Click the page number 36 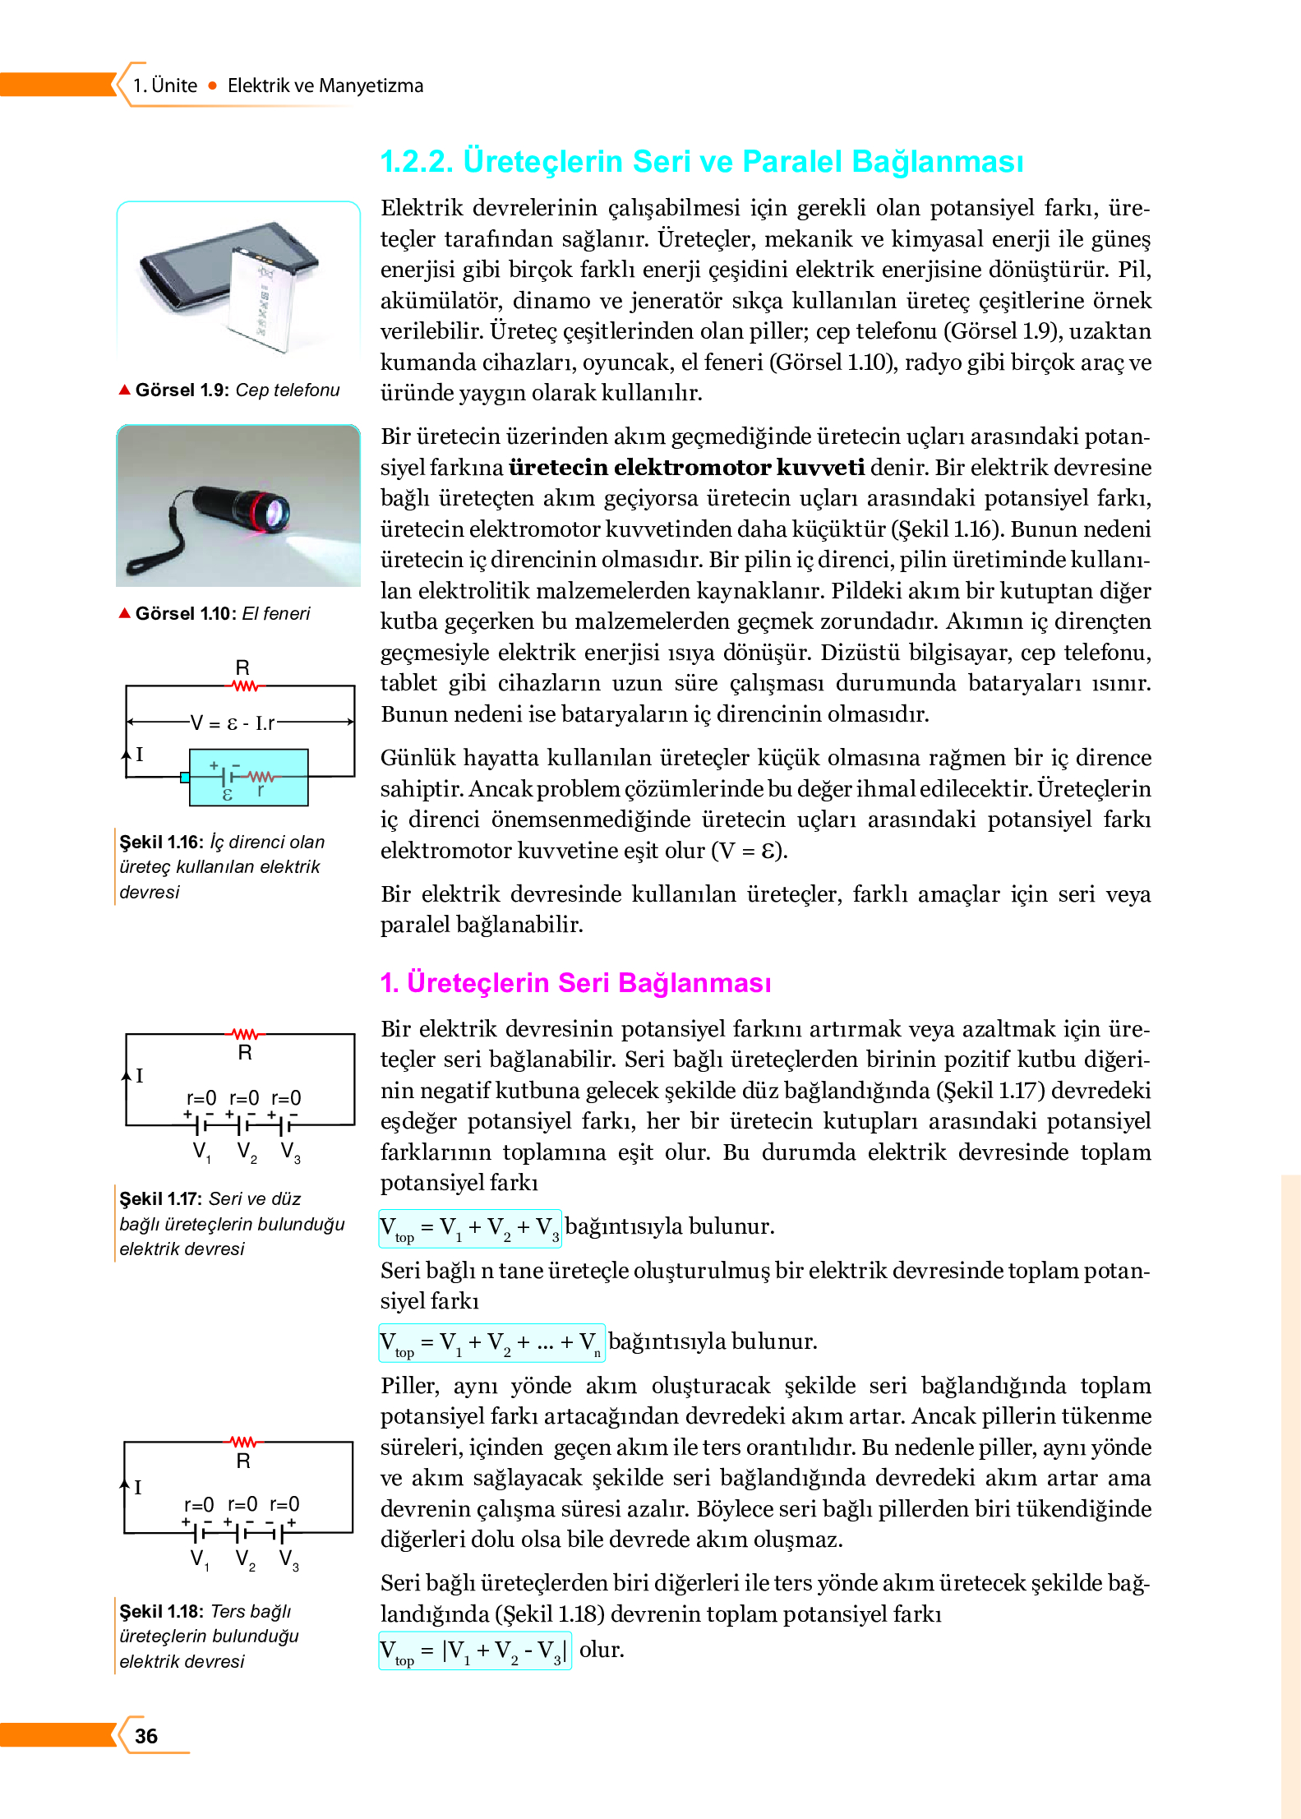pyautogui.click(x=146, y=1735)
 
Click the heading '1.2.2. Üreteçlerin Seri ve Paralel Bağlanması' pyautogui.click(x=701, y=161)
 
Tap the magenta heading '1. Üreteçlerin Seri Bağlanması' pyautogui.click(x=575, y=982)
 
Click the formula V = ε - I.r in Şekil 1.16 pyautogui.click(x=233, y=723)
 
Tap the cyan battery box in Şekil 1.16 pyautogui.click(x=248, y=777)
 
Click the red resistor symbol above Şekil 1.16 pyautogui.click(x=245, y=686)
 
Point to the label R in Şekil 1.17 pyautogui.click(x=244, y=1053)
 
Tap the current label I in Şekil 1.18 pyautogui.click(x=138, y=1487)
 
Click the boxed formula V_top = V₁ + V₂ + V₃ pyautogui.click(x=469, y=1228)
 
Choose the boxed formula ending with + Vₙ pyautogui.click(x=491, y=1343)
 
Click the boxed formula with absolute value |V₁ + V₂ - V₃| pyautogui.click(x=473, y=1651)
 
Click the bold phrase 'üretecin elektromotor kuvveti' pyautogui.click(x=686, y=468)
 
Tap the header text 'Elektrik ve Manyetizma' pyautogui.click(x=325, y=85)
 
